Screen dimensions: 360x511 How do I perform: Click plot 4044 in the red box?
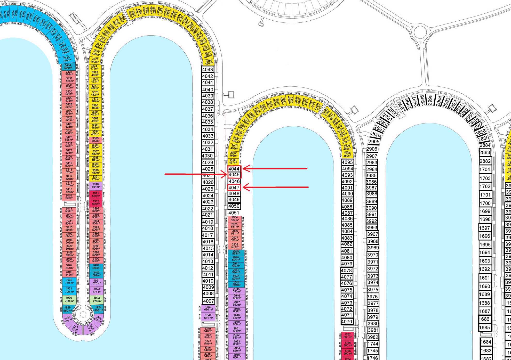pos(234,169)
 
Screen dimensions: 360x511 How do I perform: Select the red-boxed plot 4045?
pos(234,175)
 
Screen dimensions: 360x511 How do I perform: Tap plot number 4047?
pos(234,187)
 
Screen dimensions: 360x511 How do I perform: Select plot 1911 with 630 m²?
pos(96,194)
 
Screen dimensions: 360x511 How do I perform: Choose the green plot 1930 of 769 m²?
pos(69,299)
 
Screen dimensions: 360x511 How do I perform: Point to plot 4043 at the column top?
pos(207,69)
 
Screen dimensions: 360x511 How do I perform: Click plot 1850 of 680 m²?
pos(208,308)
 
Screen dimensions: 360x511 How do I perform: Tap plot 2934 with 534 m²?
pos(235,219)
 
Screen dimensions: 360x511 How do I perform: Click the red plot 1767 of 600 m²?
pos(348,336)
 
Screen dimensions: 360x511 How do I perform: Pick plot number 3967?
pos(373,234)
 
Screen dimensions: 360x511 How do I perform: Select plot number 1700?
pos(485,203)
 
